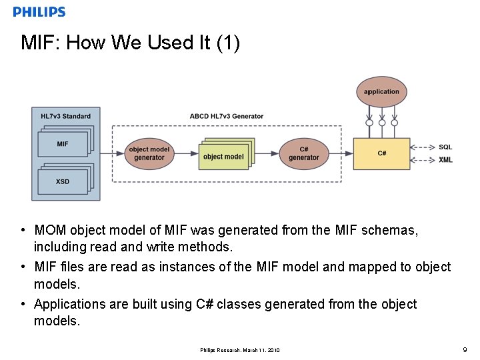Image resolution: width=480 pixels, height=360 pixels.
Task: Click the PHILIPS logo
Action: tap(39, 11)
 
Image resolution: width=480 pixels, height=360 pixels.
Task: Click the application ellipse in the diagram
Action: tap(381, 92)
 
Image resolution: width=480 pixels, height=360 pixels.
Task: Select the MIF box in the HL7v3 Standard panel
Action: tap(63, 144)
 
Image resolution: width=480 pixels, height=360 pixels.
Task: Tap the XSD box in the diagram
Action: tap(63, 181)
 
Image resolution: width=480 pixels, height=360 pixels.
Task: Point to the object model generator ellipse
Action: tap(149, 153)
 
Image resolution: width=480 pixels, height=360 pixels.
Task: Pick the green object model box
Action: tap(223, 157)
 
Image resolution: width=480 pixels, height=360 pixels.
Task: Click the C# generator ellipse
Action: tap(303, 153)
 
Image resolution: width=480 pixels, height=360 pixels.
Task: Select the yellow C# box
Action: tap(381, 153)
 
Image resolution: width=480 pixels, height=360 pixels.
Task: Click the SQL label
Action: tap(445, 147)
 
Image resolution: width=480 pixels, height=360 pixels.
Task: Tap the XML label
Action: tap(445, 160)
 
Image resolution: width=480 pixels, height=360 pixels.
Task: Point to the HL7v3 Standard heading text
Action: tap(65, 116)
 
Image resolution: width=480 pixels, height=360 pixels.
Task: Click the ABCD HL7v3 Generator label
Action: tap(226, 116)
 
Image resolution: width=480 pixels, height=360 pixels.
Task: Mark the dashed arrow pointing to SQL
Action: tap(423, 147)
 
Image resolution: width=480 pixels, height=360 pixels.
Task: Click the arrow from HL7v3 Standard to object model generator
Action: tap(111, 153)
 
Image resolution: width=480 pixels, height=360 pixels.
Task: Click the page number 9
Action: tap(465, 349)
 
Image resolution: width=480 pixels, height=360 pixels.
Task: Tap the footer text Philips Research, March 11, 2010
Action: tap(240, 350)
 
